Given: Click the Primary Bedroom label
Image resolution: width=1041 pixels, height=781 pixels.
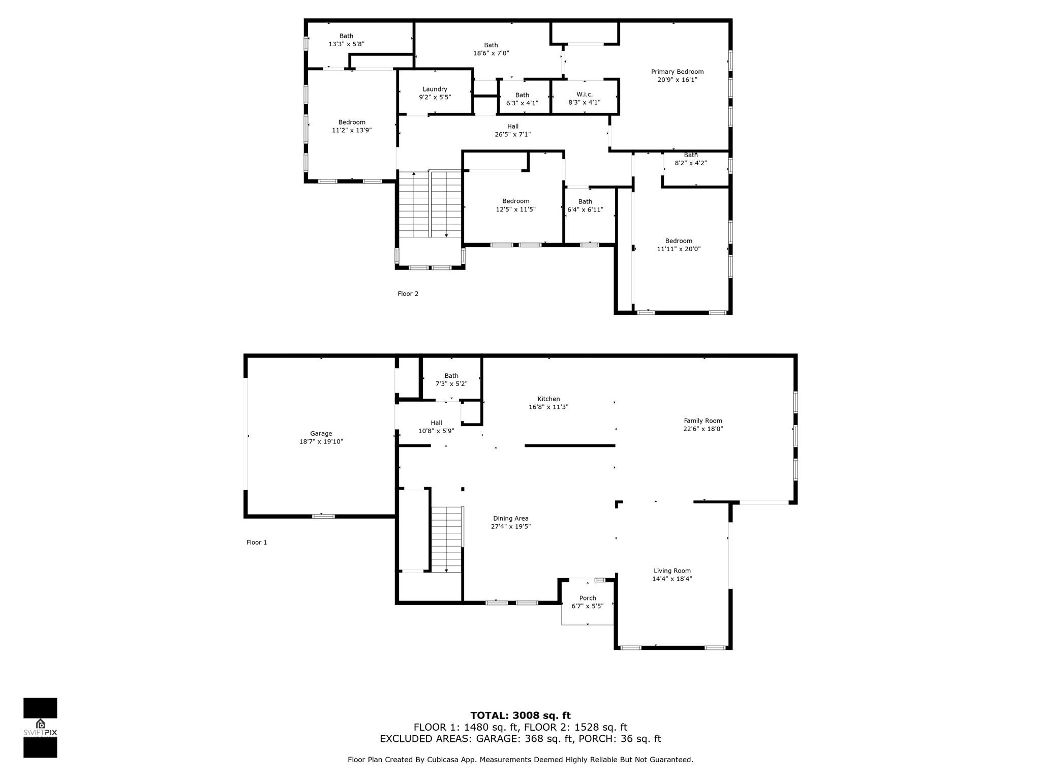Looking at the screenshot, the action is (677, 72).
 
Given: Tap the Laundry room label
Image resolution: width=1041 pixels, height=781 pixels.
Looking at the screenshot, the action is (435, 89).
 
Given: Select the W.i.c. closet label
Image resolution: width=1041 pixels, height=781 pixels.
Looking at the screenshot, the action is (584, 94).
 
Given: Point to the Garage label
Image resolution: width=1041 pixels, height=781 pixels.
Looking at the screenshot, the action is (321, 434).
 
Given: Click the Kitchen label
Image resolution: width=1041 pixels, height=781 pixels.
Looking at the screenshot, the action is (548, 399).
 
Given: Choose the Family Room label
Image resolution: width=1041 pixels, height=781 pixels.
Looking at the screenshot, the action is (703, 420).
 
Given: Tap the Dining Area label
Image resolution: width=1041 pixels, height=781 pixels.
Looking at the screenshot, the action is (510, 519).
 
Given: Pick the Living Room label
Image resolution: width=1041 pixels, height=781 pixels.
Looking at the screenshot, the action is (672, 570).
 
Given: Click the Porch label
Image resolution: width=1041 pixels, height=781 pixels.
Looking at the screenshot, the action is (588, 598).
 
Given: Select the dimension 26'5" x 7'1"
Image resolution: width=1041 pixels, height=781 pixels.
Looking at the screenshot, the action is (512, 134).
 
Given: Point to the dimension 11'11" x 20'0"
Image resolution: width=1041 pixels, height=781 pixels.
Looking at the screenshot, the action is (679, 249).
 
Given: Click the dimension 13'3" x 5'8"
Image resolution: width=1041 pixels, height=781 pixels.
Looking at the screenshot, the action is (346, 44).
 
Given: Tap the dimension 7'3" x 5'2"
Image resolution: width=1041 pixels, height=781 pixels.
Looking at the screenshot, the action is (451, 384).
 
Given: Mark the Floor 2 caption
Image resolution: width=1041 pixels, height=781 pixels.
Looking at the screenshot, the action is (408, 293).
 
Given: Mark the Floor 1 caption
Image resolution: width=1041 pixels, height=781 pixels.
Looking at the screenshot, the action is (257, 542).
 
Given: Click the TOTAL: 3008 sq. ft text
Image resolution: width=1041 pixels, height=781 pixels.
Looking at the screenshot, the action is (520, 715).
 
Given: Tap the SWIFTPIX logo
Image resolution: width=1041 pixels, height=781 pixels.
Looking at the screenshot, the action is (40, 728).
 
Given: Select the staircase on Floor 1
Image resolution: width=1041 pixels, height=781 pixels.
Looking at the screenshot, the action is (447, 539).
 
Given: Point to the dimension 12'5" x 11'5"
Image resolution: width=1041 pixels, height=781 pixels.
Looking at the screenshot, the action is (515, 209).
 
